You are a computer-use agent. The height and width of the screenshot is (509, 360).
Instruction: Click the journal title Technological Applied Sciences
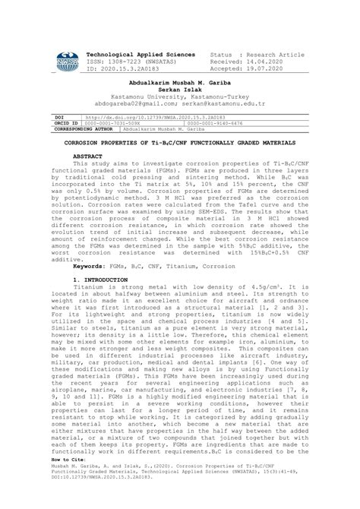point(141,56)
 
